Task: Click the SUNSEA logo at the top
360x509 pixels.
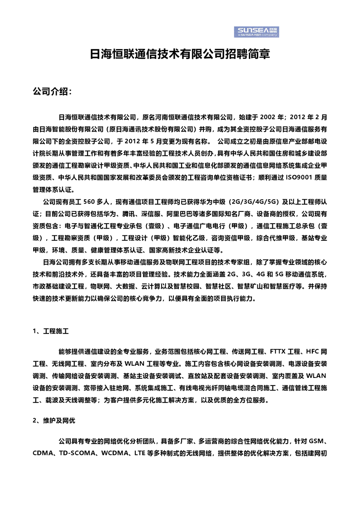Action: coord(257,31)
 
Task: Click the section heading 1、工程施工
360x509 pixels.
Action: coord(50,331)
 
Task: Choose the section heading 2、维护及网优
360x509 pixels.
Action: coord(54,421)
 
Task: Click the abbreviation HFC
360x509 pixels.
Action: coord(314,352)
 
